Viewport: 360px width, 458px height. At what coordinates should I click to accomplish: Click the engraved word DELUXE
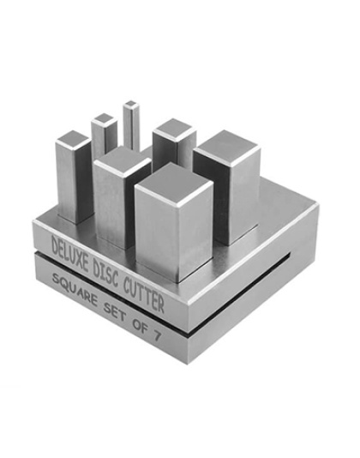tap(69, 253)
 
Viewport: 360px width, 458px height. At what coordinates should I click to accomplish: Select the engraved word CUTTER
tap(143, 295)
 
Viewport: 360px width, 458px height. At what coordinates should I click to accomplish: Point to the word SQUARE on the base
tap(75, 291)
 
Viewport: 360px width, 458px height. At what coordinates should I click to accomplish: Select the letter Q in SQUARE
tap(63, 283)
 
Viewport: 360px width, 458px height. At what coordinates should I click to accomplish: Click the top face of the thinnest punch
tap(130, 104)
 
